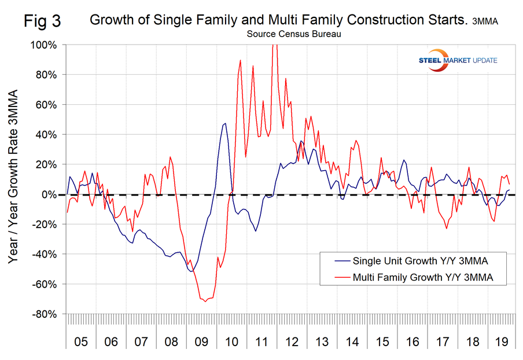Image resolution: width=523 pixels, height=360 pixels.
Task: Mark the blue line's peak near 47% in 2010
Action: (x=225, y=123)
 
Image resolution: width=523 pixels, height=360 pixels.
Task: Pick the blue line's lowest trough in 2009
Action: (x=191, y=271)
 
